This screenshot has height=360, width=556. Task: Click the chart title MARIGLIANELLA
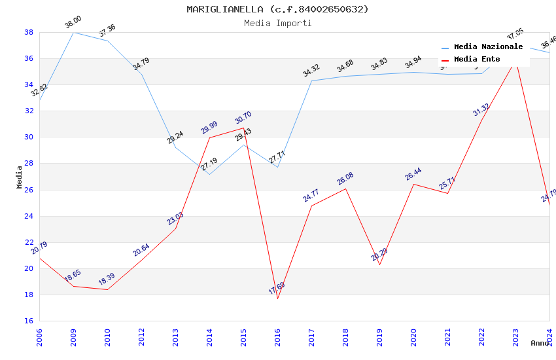pos(277,9)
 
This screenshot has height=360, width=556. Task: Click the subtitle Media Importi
pos(277,23)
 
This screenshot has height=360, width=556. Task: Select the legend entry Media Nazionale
pos(488,47)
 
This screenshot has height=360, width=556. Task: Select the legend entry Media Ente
pos(477,60)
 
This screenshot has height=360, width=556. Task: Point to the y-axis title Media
pos(20,177)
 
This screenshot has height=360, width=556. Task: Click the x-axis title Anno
pos(540,343)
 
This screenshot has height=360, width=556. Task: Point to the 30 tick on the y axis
pos(29,137)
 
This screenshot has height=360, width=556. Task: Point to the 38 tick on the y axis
pos(29,32)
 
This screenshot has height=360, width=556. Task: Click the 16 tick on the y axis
pos(29,321)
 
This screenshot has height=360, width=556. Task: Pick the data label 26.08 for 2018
pos(345,179)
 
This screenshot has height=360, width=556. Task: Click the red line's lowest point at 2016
pos(277,299)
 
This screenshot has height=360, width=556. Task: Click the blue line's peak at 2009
pos(73,32)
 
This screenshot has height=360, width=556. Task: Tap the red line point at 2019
pos(379,264)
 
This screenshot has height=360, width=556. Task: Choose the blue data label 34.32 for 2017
pos(311,71)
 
